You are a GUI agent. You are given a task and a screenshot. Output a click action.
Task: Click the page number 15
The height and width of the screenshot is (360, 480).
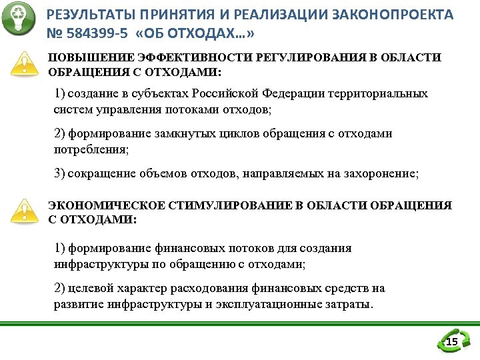451,343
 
